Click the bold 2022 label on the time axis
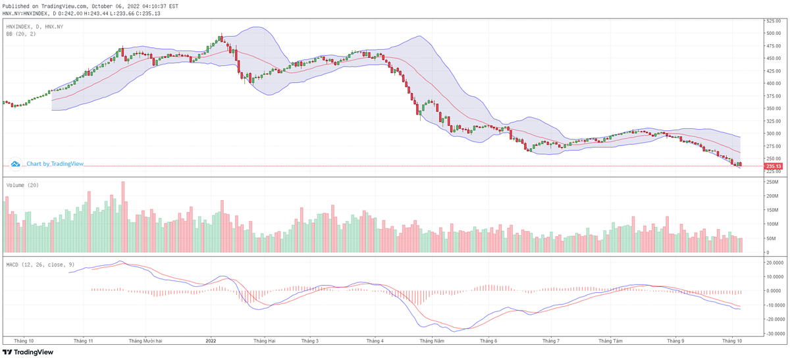click(x=211, y=341)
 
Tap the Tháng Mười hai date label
click(x=145, y=341)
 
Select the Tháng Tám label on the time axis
click(x=610, y=341)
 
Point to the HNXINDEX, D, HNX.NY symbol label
click(x=34, y=26)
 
